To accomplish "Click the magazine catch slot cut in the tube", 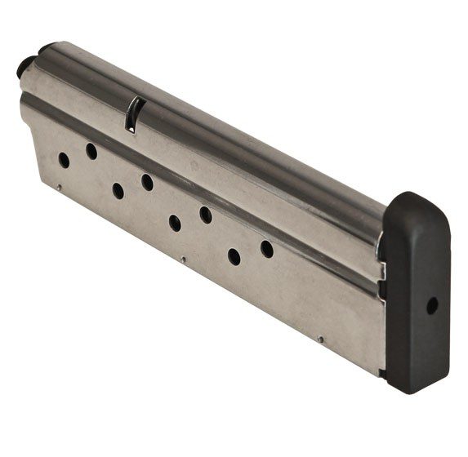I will [x=133, y=114].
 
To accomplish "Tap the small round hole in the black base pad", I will [x=432, y=305].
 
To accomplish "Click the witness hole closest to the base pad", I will [x=267, y=249].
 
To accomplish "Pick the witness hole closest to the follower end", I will [x=64, y=160].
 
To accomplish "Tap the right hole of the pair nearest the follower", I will [x=91, y=151].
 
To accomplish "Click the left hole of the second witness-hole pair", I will [x=118, y=191].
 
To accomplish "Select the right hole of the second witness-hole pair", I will [x=147, y=182].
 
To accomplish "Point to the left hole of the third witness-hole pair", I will [x=175, y=223].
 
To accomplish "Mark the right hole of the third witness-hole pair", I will [x=206, y=215].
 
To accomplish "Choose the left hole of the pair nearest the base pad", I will [x=234, y=257].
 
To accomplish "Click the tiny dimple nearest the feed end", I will [x=58, y=189].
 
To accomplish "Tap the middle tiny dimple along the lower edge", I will [x=184, y=261].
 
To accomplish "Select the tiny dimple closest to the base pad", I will [x=321, y=339].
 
